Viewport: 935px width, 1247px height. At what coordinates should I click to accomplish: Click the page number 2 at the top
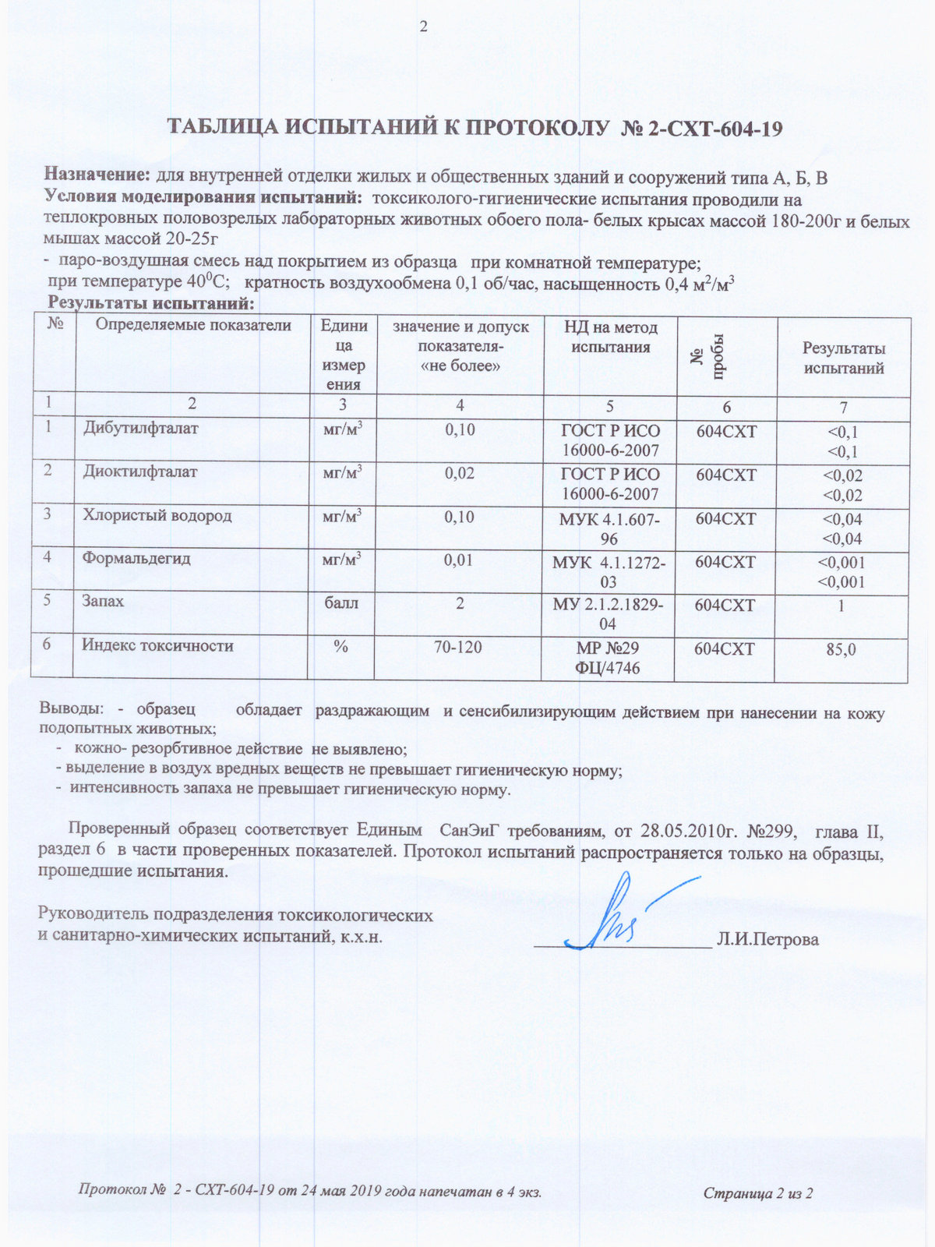[x=424, y=27]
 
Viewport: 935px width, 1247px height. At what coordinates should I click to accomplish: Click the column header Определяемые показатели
[x=192, y=326]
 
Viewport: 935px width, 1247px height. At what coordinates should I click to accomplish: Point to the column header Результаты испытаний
[x=843, y=358]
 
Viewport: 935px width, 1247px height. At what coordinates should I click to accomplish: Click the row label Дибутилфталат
[x=140, y=428]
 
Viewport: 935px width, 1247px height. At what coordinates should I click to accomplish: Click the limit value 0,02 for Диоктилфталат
[x=459, y=473]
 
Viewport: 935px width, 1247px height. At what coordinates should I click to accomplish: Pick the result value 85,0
[x=841, y=648]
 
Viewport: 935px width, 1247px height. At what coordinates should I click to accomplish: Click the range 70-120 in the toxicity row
[x=458, y=647]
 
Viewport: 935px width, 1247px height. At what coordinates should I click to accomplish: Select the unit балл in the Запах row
[x=341, y=602]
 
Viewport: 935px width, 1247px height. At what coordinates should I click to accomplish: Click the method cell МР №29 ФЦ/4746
[x=608, y=657]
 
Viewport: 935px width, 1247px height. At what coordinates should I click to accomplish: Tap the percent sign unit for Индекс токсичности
[x=340, y=646]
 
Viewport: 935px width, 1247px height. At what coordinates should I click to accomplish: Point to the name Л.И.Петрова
[x=767, y=940]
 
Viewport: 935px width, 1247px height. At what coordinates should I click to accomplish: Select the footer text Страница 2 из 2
[x=757, y=1193]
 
